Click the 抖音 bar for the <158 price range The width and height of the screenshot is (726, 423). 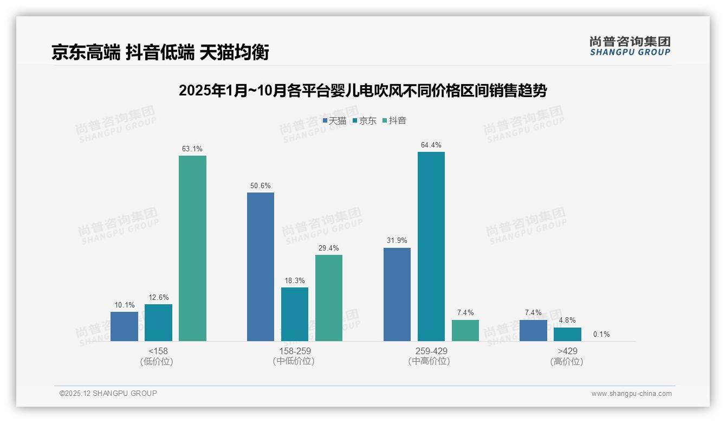tap(192, 248)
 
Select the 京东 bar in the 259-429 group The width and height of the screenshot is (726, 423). tap(431, 246)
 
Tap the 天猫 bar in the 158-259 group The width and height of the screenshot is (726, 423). tap(261, 267)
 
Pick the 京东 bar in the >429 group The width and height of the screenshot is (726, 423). tap(567, 334)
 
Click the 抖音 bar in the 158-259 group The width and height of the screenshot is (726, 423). tap(329, 298)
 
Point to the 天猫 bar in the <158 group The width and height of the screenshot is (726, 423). tap(124, 326)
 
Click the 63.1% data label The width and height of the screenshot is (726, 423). tap(192, 149)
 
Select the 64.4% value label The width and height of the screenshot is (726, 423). tap(431, 145)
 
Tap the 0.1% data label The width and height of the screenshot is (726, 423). tap(601, 334)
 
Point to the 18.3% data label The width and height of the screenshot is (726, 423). tap(295, 280)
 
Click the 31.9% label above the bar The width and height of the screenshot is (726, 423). tap(397, 241)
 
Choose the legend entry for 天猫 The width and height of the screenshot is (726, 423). tap(334, 120)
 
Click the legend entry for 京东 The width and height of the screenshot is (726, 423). tap(364, 120)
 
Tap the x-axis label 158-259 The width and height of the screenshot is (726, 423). tap(294, 351)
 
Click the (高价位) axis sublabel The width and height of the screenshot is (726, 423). tap(567, 362)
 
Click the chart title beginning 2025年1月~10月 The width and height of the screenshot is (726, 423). tap(362, 91)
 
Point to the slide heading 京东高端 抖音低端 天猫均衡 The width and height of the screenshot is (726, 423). tap(160, 53)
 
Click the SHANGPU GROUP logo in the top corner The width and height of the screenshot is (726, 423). tap(630, 46)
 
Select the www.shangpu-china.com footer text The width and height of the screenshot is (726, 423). tap(631, 393)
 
